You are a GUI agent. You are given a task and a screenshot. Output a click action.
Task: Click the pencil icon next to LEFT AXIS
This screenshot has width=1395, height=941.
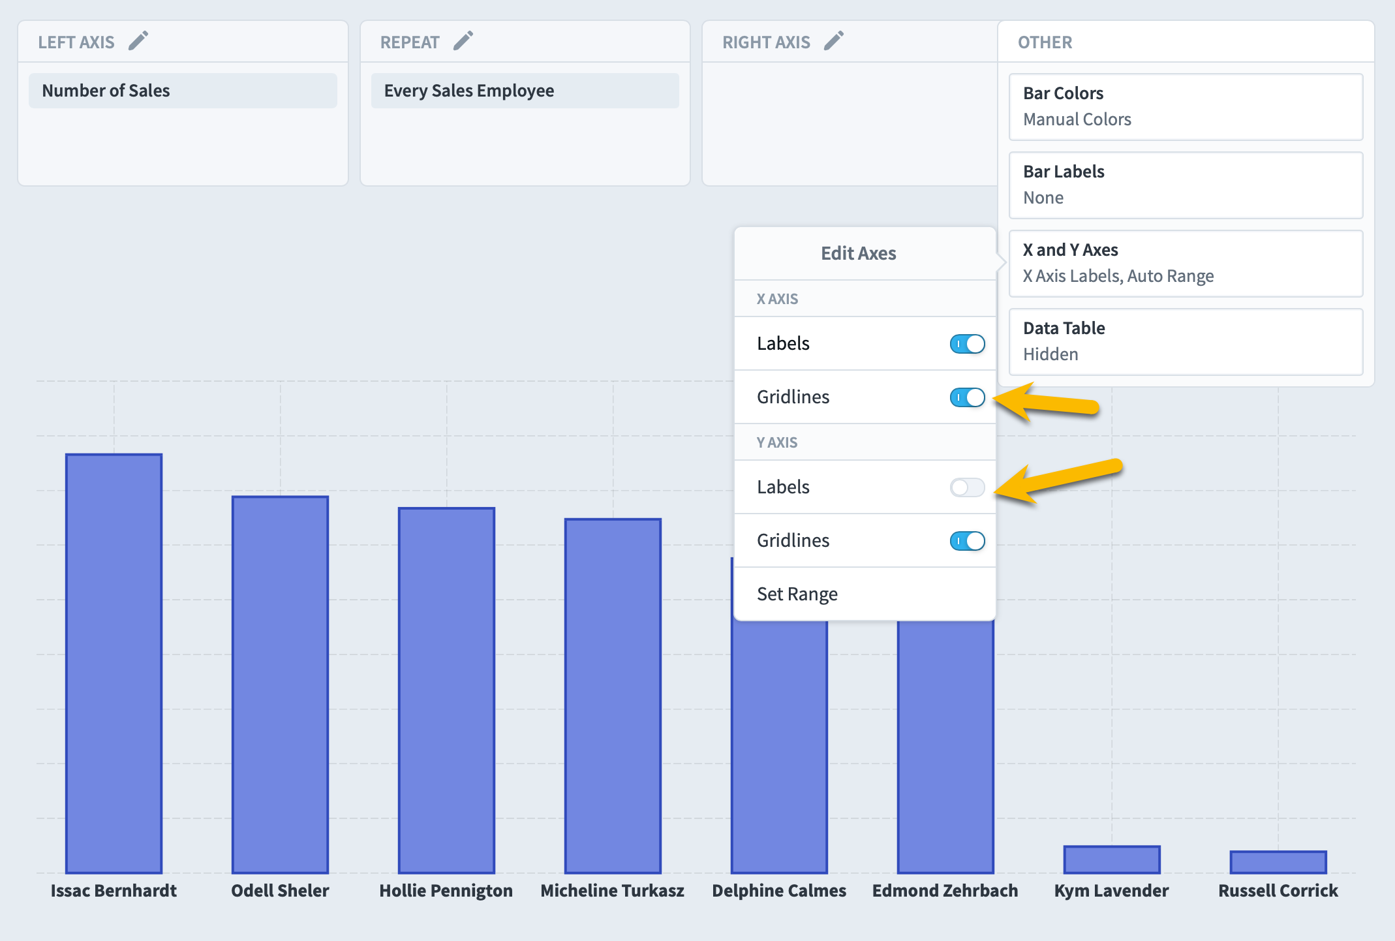tap(138, 41)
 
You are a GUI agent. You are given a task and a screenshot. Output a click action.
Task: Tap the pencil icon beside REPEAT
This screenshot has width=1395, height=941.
tap(463, 41)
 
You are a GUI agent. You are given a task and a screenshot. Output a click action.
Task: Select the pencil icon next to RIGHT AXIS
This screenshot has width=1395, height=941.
tap(834, 41)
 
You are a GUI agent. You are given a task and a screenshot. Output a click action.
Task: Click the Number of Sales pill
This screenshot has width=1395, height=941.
tap(183, 91)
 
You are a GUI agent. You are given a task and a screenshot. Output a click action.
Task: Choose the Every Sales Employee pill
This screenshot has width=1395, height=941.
tap(525, 91)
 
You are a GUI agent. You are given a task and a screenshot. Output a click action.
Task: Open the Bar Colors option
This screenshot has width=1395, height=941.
tap(1186, 107)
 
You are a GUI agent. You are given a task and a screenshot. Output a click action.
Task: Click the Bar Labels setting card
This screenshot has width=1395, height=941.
tap(1186, 185)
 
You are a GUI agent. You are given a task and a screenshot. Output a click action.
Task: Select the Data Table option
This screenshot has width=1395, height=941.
tap(1186, 342)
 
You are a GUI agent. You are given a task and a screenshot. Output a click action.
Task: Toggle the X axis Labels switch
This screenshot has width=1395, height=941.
tap(967, 344)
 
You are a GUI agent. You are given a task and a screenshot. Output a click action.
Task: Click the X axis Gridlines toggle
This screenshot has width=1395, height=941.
tap(967, 397)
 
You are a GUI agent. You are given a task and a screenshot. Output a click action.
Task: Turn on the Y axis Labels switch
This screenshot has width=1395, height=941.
tap(967, 487)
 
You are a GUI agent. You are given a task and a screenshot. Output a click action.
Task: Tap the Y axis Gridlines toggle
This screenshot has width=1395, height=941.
tap(967, 541)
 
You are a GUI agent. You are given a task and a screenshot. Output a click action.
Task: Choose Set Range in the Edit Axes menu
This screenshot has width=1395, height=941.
tap(797, 594)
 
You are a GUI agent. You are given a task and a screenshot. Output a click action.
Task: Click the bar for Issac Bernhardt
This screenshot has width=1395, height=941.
tap(114, 664)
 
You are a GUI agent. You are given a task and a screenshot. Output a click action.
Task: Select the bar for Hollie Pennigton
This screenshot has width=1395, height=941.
tap(447, 690)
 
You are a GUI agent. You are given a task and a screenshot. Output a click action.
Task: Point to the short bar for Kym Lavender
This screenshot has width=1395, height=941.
tap(1112, 860)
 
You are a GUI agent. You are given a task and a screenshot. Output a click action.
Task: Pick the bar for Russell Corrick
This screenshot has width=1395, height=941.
tap(1278, 862)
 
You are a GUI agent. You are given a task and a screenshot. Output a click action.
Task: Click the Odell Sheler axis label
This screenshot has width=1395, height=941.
tap(280, 891)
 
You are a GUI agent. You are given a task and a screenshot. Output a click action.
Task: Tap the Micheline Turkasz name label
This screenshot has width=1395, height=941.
tap(613, 891)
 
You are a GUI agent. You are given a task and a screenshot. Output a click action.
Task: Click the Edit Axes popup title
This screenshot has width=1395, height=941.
tap(859, 253)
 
